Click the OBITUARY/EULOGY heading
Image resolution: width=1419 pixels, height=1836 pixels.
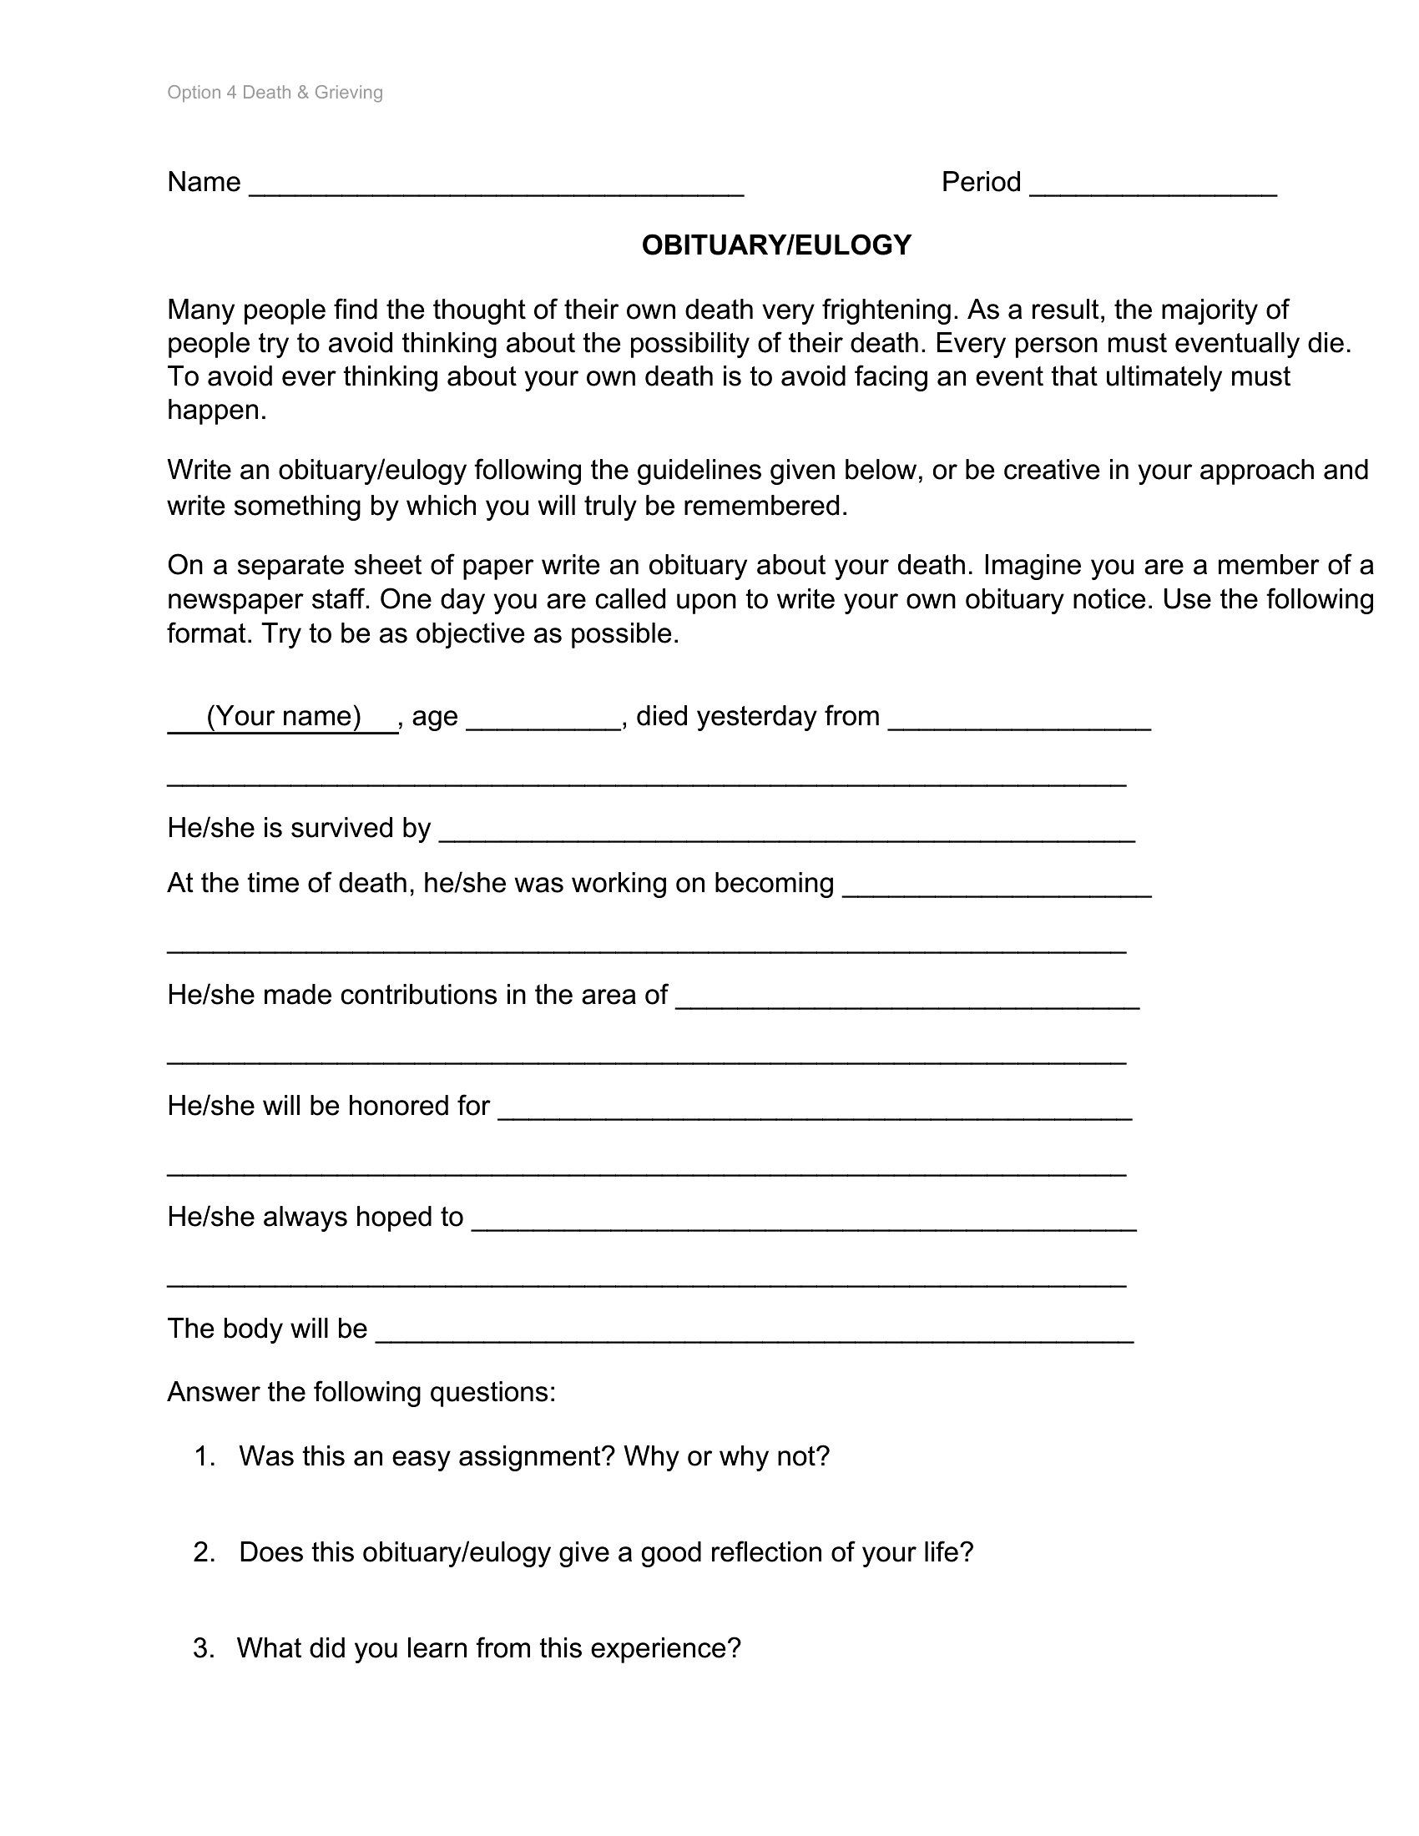tap(776, 245)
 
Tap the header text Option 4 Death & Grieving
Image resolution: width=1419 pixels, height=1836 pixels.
tap(275, 93)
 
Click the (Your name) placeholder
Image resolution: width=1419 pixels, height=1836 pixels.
tap(283, 716)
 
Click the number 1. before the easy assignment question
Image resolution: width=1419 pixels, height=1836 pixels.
tap(205, 1456)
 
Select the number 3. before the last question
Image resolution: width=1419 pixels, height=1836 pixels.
tap(204, 1647)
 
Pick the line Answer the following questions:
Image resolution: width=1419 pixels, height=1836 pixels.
tap(361, 1392)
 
